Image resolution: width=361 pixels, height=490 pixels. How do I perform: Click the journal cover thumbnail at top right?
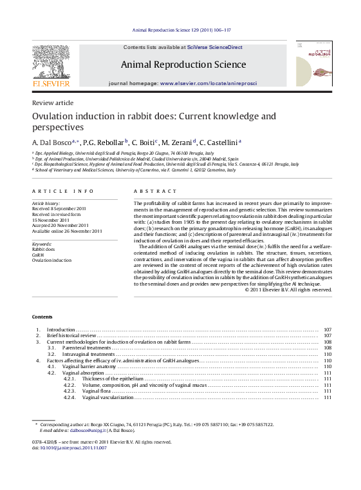[314, 64]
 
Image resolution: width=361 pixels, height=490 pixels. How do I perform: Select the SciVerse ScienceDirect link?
[214, 48]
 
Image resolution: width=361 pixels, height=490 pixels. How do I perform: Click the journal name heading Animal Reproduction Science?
[183, 64]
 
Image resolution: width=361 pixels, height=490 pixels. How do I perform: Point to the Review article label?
[53, 103]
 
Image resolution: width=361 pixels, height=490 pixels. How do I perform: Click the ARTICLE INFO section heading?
[63, 191]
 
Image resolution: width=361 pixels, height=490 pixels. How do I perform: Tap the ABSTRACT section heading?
[154, 191]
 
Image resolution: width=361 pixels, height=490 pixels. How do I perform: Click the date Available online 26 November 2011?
[68, 230]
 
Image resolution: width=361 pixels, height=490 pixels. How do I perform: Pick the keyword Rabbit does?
[44, 249]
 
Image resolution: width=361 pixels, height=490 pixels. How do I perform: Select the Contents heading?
[42, 317]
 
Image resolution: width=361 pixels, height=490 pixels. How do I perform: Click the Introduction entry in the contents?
[62, 329]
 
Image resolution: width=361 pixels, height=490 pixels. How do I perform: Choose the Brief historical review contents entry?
[71, 336]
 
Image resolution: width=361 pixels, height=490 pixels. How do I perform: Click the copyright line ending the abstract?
[288, 289]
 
